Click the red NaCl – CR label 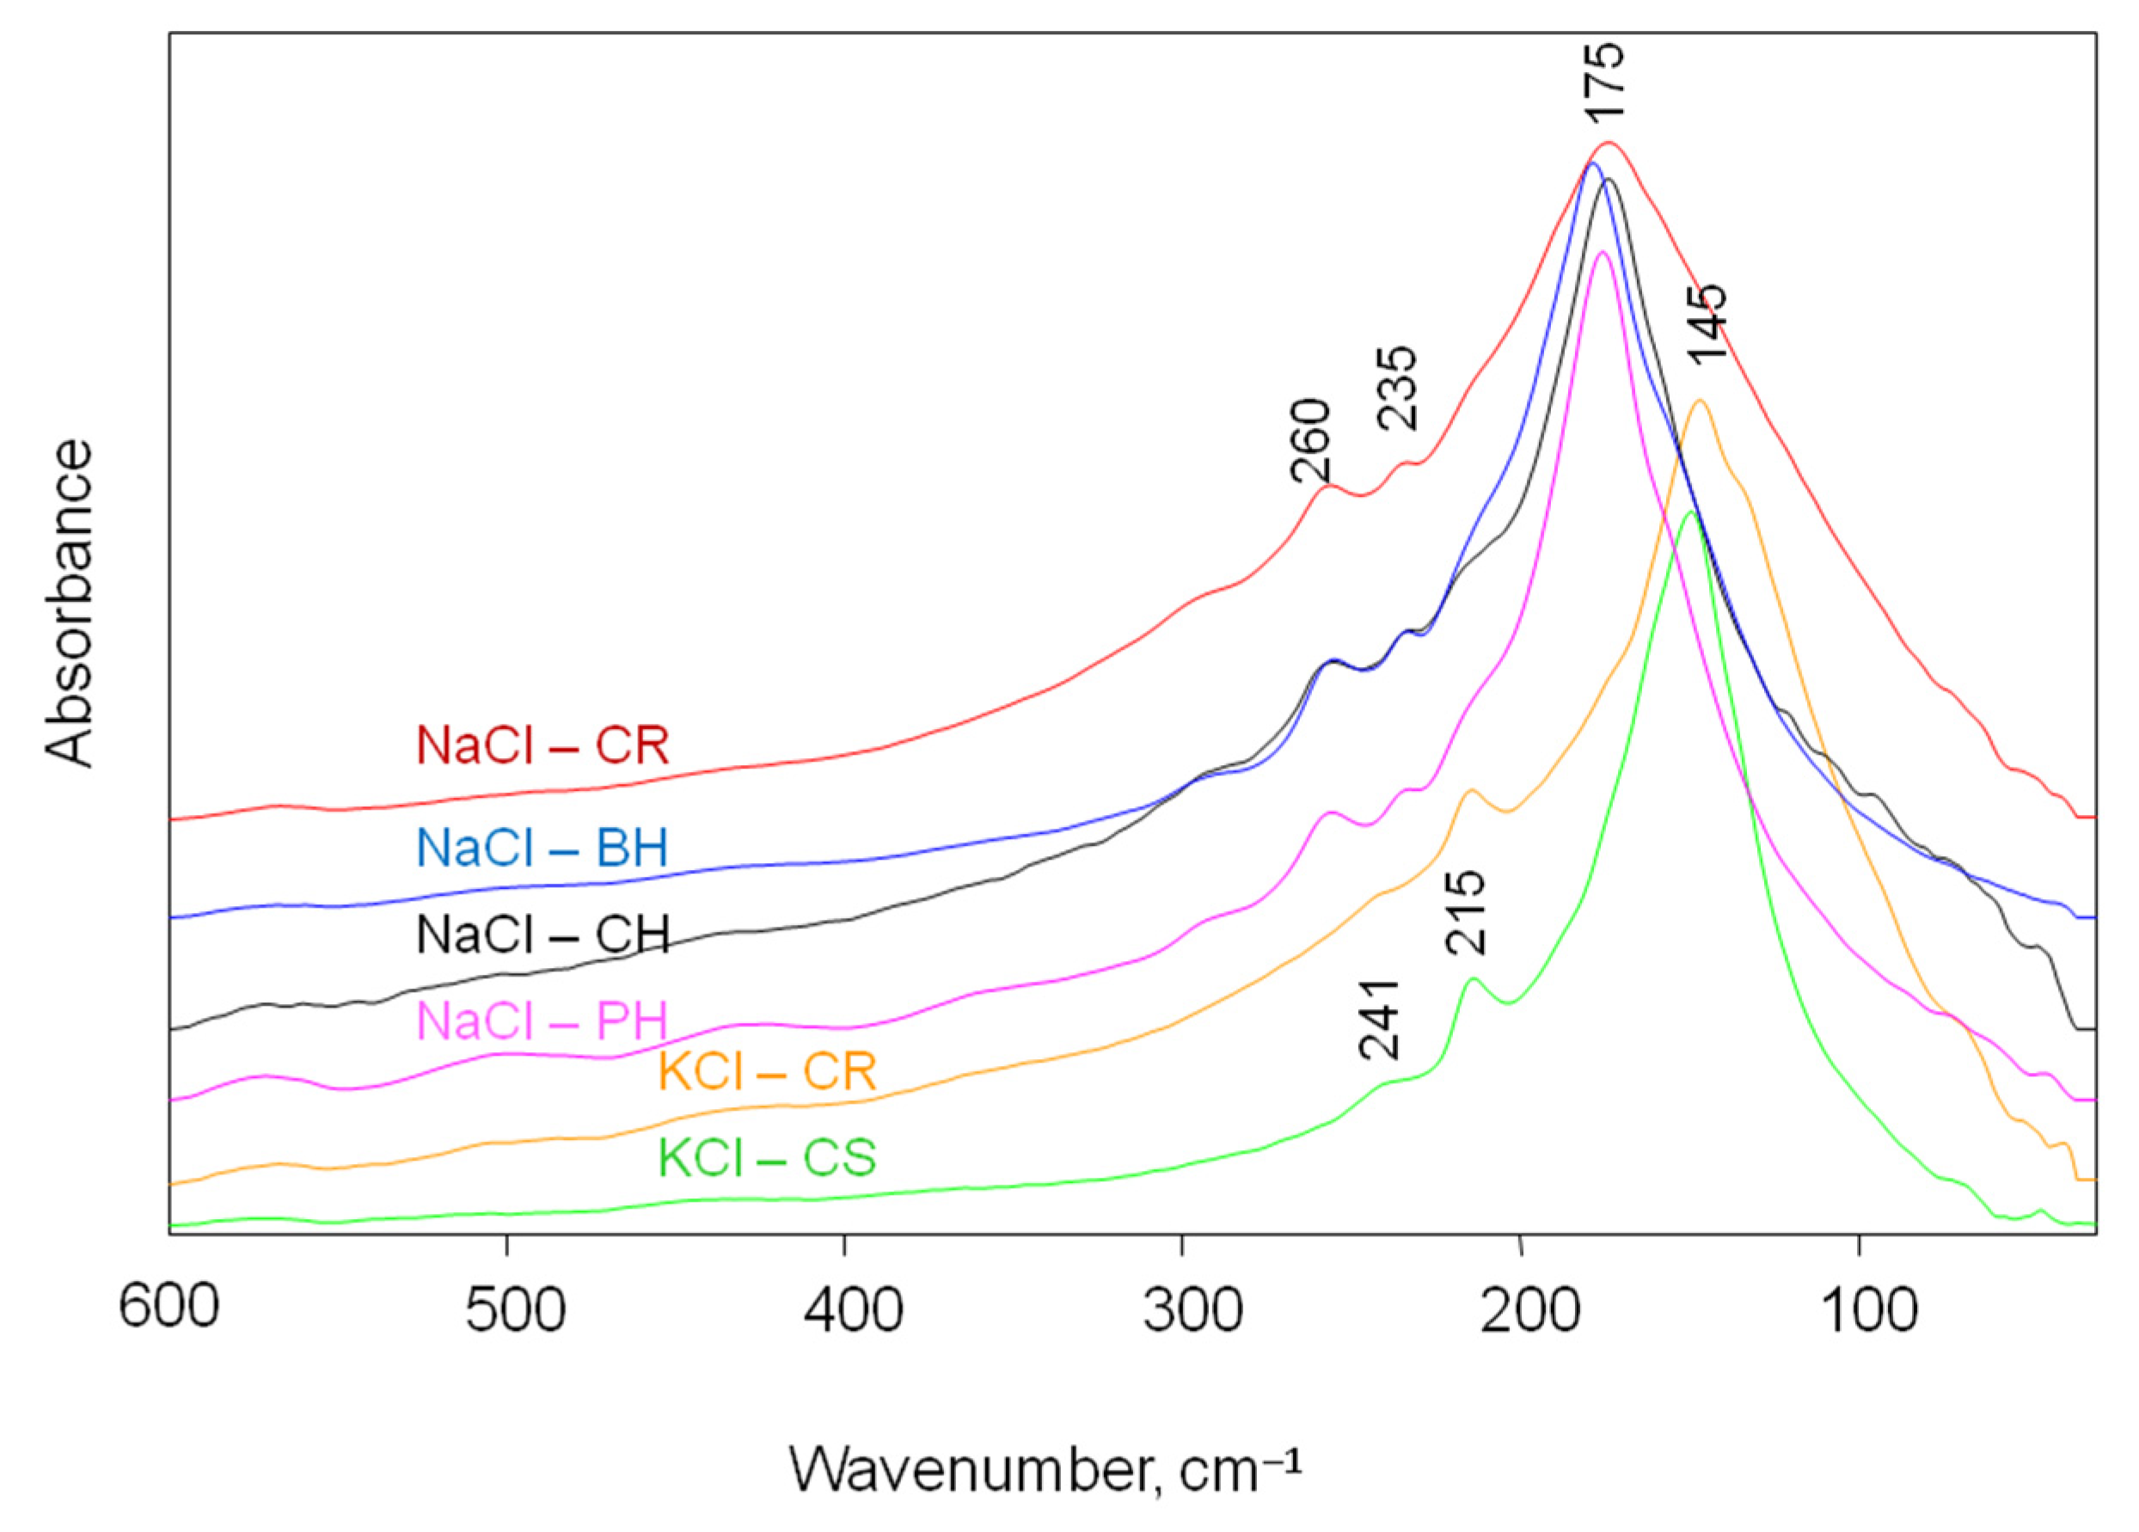coord(542,746)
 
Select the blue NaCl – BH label coord(542,848)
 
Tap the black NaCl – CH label coord(542,935)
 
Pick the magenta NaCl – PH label coord(542,1020)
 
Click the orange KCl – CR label coord(768,1072)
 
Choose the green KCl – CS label coord(768,1157)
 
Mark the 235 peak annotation coord(1398,388)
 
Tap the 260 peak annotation coord(1311,440)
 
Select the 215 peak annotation coord(1467,912)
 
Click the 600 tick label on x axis coord(169,1309)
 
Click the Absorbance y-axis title coord(70,604)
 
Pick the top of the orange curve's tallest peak coord(1701,400)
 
